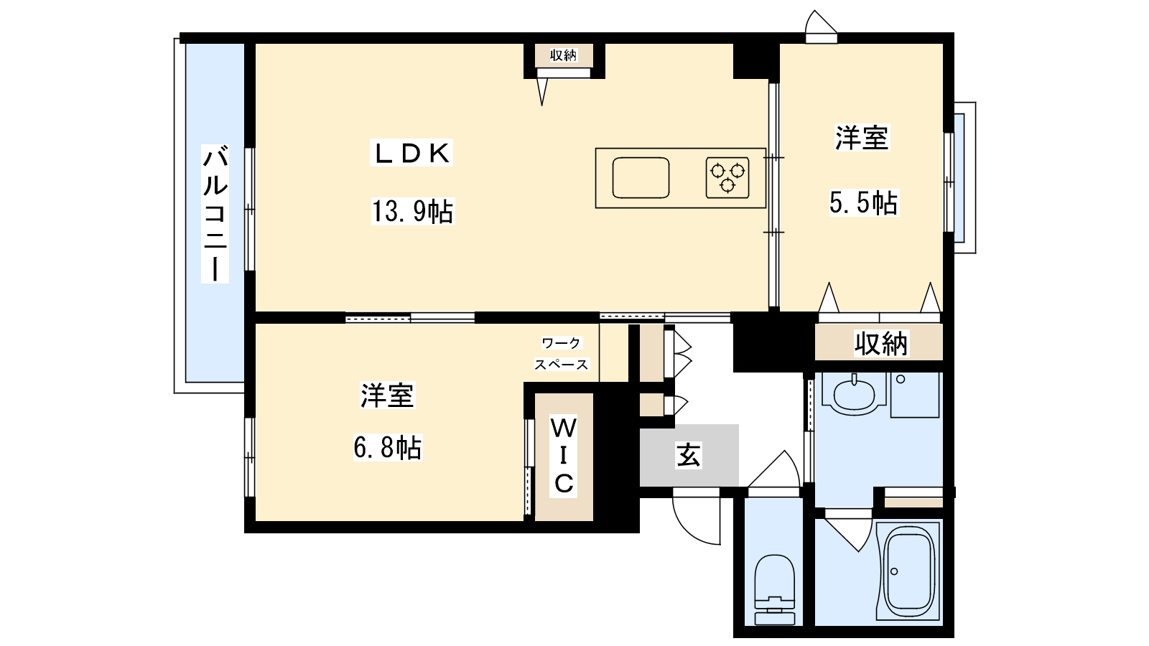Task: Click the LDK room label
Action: (x=411, y=154)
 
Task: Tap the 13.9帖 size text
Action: (x=412, y=211)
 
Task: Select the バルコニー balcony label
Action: (x=215, y=214)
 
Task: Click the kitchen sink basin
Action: (x=641, y=178)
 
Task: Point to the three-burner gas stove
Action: (x=727, y=178)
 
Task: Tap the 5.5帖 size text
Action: (x=864, y=202)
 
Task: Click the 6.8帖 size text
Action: (x=388, y=447)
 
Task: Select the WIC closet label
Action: (x=564, y=455)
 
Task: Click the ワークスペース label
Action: (x=561, y=354)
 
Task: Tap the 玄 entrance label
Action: (x=689, y=455)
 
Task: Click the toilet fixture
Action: (x=775, y=589)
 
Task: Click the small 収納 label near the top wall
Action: (x=563, y=55)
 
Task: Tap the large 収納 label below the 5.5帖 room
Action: (x=880, y=343)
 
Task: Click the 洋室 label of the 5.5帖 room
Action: (x=862, y=138)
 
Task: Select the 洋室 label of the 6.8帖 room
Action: (x=387, y=395)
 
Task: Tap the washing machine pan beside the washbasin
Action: (x=915, y=395)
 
